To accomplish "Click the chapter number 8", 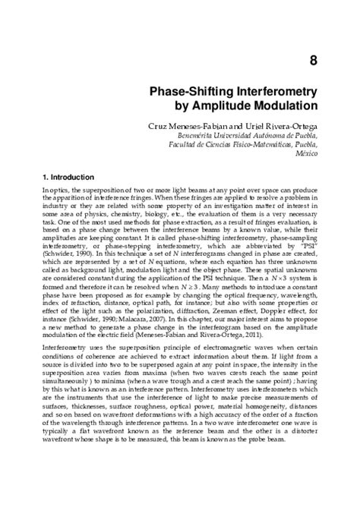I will (x=311, y=59).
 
